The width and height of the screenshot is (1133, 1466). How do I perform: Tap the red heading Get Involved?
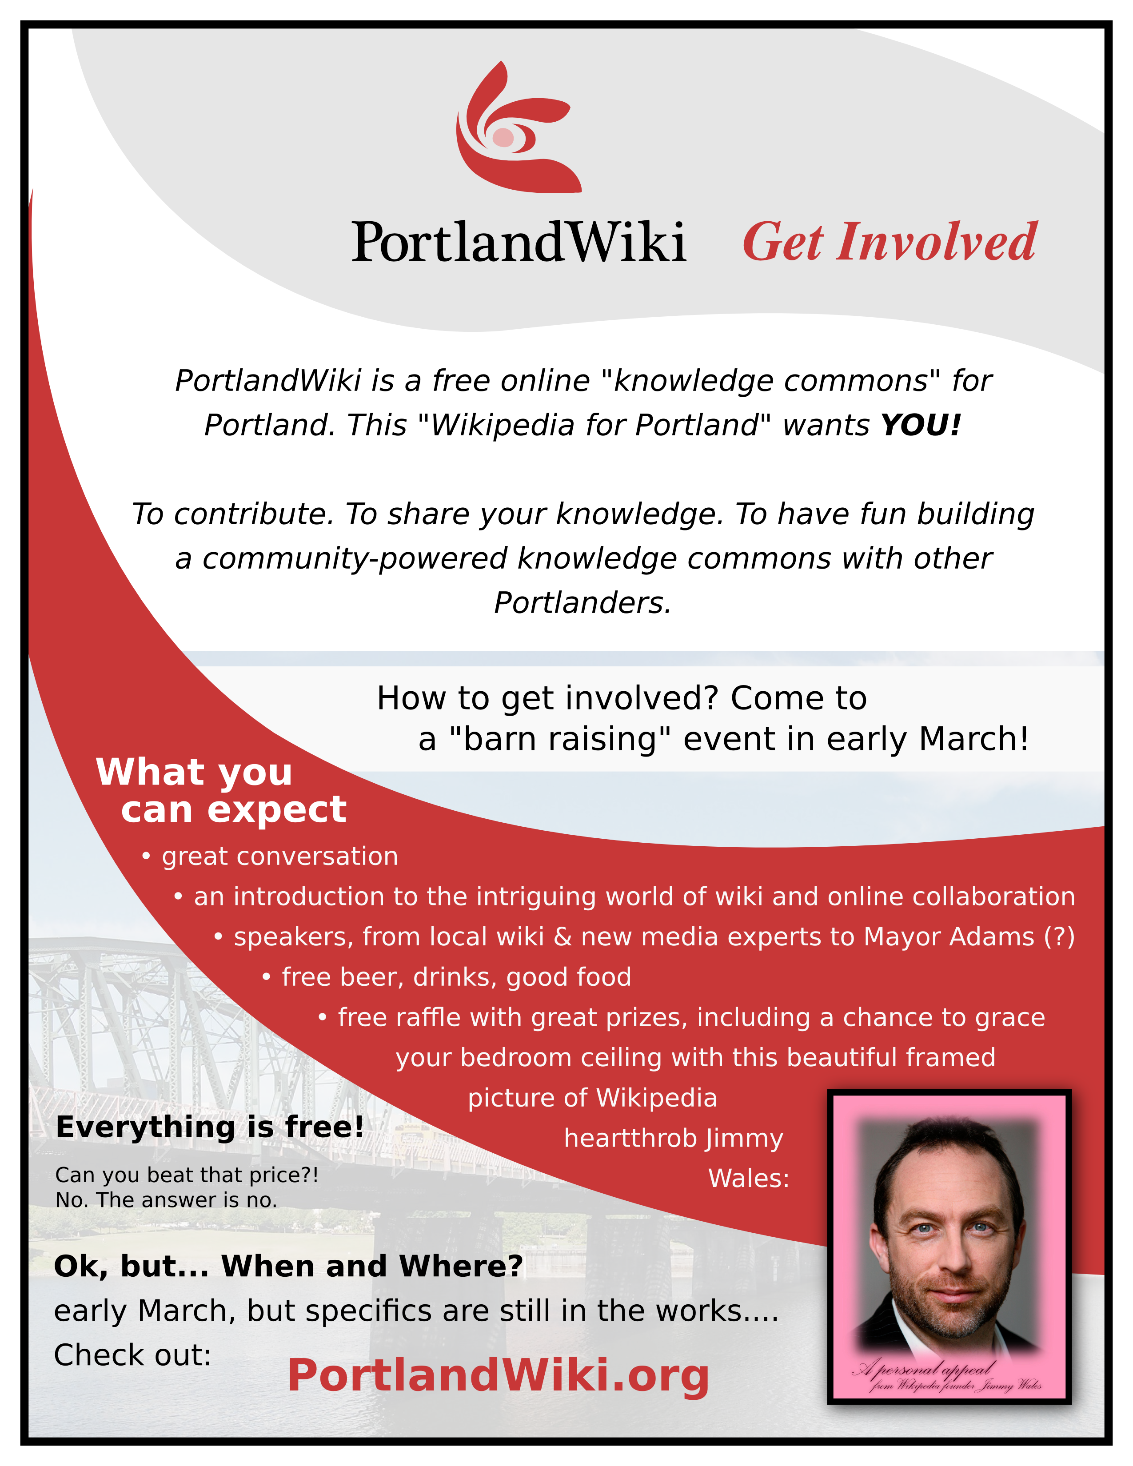890,242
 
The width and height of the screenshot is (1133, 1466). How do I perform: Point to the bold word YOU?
921,425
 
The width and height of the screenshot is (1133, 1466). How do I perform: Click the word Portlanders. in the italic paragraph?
582,603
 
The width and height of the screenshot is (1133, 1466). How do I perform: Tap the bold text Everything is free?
209,1127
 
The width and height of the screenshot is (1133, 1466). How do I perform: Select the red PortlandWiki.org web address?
498,1376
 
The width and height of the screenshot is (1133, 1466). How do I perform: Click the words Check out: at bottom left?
132,1355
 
